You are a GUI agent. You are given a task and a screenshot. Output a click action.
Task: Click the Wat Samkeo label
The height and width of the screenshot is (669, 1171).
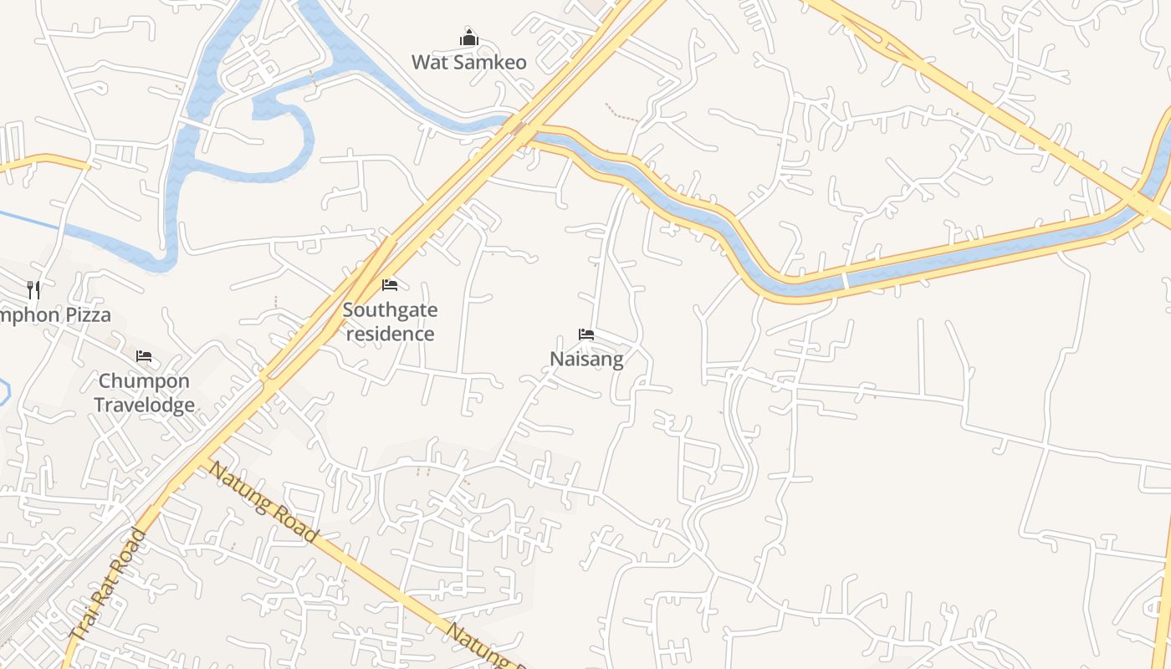coord(468,62)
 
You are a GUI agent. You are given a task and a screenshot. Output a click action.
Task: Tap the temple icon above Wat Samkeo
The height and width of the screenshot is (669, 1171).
coord(468,38)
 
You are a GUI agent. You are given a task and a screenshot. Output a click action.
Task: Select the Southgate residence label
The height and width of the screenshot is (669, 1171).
coord(390,322)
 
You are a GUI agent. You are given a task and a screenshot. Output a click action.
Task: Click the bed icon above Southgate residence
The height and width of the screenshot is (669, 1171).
coord(390,285)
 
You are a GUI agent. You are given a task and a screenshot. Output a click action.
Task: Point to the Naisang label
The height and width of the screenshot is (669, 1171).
coord(586,360)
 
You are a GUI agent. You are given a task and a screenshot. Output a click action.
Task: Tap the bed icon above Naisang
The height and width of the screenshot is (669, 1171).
coord(586,335)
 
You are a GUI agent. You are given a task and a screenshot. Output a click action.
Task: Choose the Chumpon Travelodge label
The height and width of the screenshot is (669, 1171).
coord(144,393)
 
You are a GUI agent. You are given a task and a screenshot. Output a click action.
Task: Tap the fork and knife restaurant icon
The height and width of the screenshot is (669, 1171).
coord(33,290)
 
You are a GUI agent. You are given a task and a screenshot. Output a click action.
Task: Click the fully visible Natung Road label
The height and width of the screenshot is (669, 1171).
coord(263,501)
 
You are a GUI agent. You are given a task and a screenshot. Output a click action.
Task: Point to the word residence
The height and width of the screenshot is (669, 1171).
coord(390,334)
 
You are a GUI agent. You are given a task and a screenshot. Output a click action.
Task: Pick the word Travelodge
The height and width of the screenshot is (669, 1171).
coord(144,406)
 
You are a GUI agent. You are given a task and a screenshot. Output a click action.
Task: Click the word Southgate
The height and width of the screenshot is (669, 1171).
coord(390,310)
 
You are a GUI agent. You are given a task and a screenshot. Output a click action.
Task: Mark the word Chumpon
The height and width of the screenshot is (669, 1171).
coord(144,381)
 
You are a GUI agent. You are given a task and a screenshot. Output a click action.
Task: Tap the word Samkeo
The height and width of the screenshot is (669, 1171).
coord(489,62)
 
